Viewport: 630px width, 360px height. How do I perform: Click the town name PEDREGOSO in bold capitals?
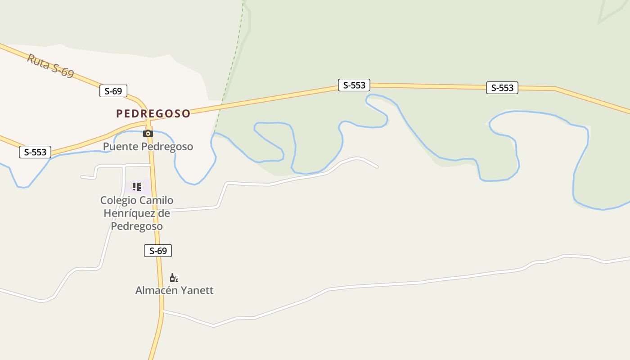point(153,113)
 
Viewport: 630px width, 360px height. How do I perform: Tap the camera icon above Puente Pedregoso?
point(148,133)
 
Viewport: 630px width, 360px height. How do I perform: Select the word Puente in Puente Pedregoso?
point(121,147)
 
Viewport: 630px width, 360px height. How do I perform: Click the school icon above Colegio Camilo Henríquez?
point(137,186)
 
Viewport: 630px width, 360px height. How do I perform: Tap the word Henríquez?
point(130,213)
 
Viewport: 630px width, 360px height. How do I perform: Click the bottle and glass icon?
point(174,278)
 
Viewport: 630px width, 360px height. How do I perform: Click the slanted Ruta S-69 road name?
point(50,66)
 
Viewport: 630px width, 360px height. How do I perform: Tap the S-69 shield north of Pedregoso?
point(113,91)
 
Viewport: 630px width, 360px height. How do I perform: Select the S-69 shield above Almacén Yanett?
point(158,251)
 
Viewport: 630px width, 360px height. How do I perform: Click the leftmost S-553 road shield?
point(35,152)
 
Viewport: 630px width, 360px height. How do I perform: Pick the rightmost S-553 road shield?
point(502,88)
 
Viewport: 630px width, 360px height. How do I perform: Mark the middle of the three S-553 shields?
point(354,85)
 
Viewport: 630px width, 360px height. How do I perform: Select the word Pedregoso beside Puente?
point(167,147)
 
